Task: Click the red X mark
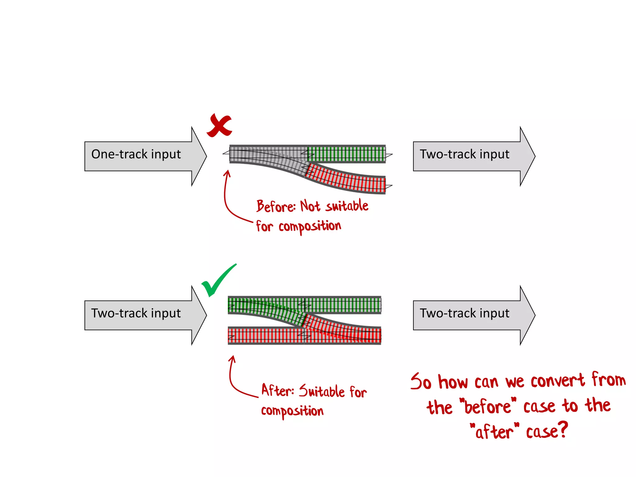pos(220,125)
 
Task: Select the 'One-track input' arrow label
pos(136,154)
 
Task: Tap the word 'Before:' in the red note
pos(276,206)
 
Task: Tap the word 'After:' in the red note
pos(277,390)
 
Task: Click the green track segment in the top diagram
pos(346,154)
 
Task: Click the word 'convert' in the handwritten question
pos(557,380)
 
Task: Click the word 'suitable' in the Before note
pos(347,206)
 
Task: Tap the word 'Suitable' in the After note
pos(322,391)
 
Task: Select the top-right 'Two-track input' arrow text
pos(465,154)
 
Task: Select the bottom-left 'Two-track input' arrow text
pos(136,313)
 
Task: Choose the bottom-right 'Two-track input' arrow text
pos(465,313)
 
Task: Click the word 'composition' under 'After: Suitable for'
pos(292,411)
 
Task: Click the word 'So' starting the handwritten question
pos(421,381)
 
